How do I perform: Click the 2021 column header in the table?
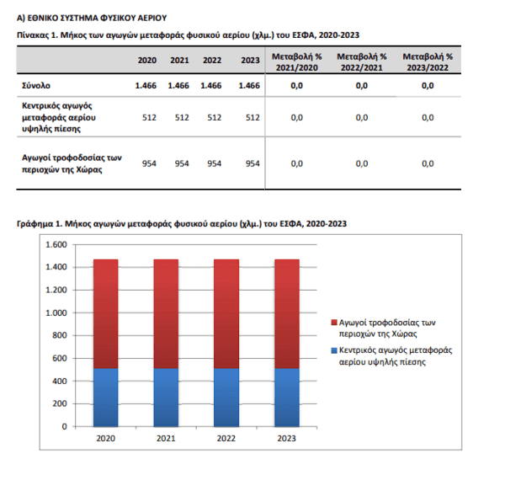[179, 61]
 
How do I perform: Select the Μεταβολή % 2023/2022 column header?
[428, 62]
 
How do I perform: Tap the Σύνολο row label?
[36, 86]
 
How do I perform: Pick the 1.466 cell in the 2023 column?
[249, 86]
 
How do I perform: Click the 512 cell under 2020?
[150, 118]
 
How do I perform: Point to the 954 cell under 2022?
[214, 163]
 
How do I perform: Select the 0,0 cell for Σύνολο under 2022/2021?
[362, 86]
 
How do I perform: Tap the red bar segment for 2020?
[106, 314]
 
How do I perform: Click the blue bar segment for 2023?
[287, 398]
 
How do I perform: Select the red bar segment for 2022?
[226, 314]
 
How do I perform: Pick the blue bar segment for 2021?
[166, 398]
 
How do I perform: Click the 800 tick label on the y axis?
[60, 335]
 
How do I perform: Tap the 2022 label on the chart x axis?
[226, 439]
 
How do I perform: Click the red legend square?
[334, 323]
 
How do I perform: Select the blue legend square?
[334, 350]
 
